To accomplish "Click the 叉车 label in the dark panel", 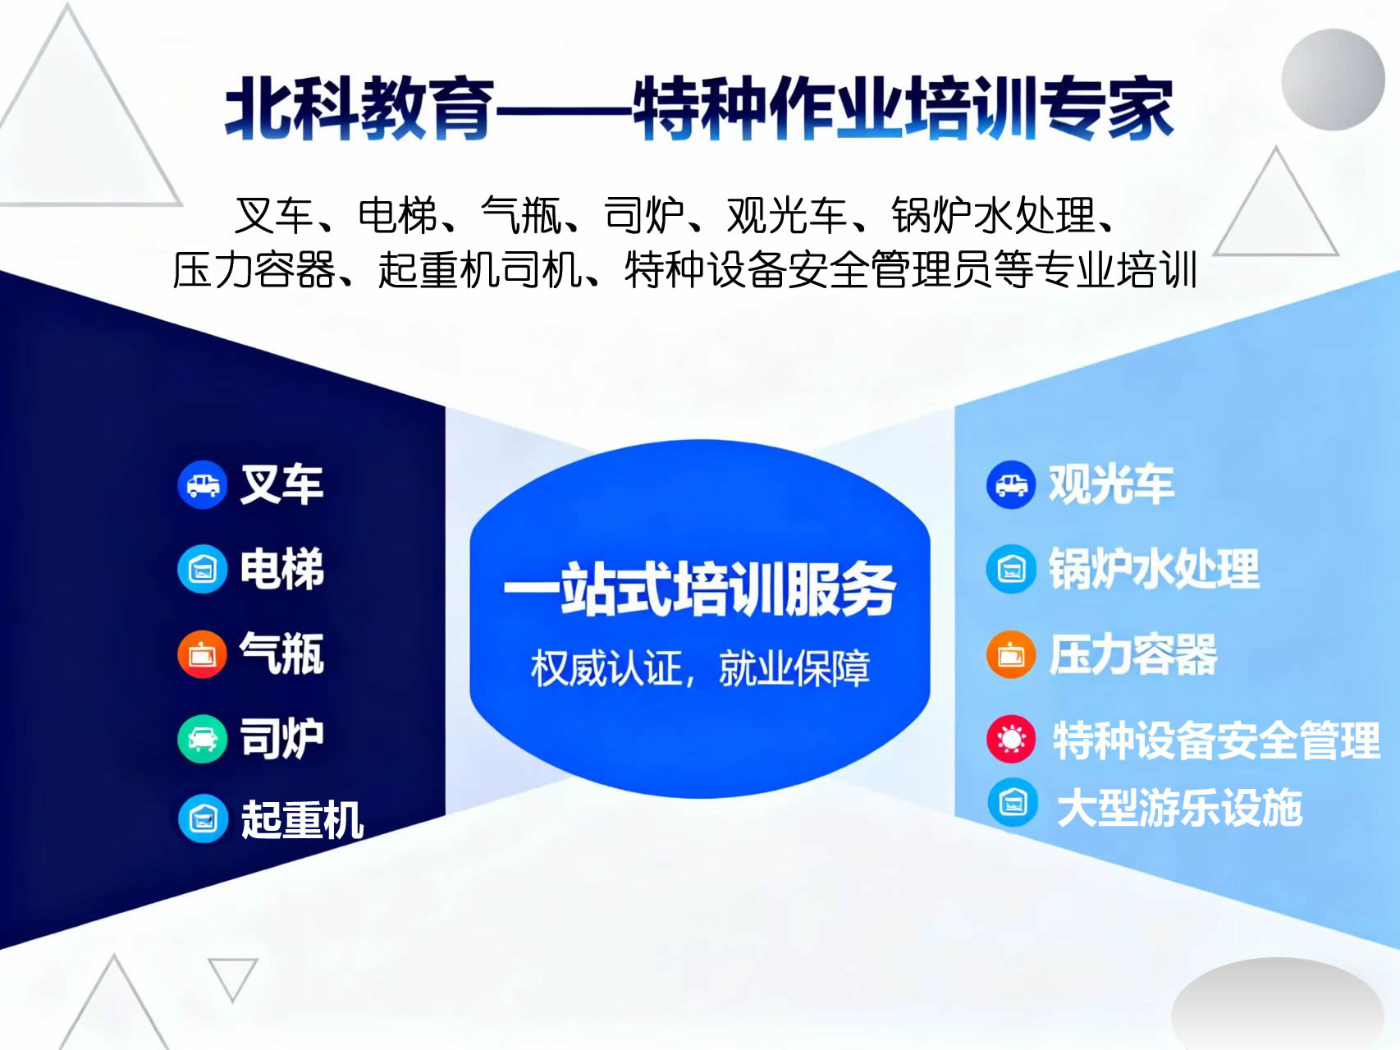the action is pos(281,484).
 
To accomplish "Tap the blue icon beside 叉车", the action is pos(202,484).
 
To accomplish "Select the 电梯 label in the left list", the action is pos(281,568).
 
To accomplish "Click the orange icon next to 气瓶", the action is pos(202,654).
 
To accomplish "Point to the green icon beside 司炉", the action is pos(202,739).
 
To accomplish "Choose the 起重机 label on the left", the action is pos(302,819).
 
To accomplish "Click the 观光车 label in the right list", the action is pos(1111,484).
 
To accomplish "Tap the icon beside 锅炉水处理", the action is pos(1011,568).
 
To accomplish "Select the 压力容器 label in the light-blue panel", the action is pos(1133,654).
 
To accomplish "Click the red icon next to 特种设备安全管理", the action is pos(1011,739).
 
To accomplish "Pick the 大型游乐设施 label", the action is pos(1179,807).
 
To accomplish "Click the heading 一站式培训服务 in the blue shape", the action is pos(699,589).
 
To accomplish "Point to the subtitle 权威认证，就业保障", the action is pos(700,667).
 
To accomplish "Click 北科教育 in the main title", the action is pos(360,108).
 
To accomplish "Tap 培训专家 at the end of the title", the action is pos(1039,108).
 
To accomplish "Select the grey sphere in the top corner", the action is pos(1333,80).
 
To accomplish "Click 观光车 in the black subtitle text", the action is pos(787,216).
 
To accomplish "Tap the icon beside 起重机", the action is pos(203,818).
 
